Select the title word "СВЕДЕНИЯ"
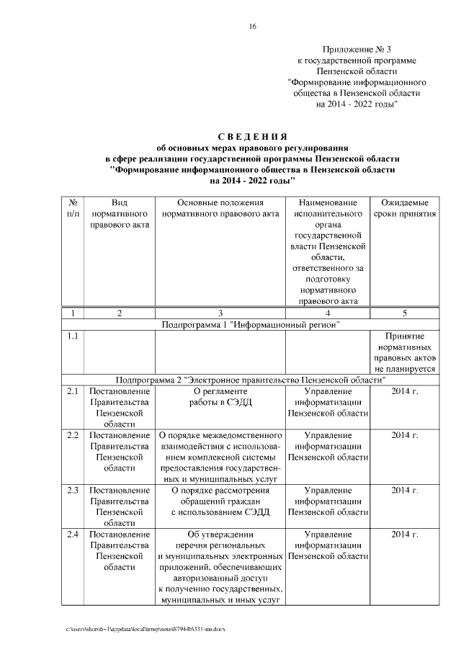point(252,137)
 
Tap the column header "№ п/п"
point(73,209)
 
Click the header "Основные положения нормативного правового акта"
point(220,209)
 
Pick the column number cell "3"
point(220,313)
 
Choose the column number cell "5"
point(404,313)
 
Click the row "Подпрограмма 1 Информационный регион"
point(251,325)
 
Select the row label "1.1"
point(73,337)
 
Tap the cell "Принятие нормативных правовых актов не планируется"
point(404,352)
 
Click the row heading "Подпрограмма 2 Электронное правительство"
point(251,380)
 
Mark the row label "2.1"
point(73,392)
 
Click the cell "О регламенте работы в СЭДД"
point(220,397)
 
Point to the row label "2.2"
point(73,436)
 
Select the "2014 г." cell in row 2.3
point(404,491)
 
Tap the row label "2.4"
point(73,535)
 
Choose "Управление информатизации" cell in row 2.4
point(328,545)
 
